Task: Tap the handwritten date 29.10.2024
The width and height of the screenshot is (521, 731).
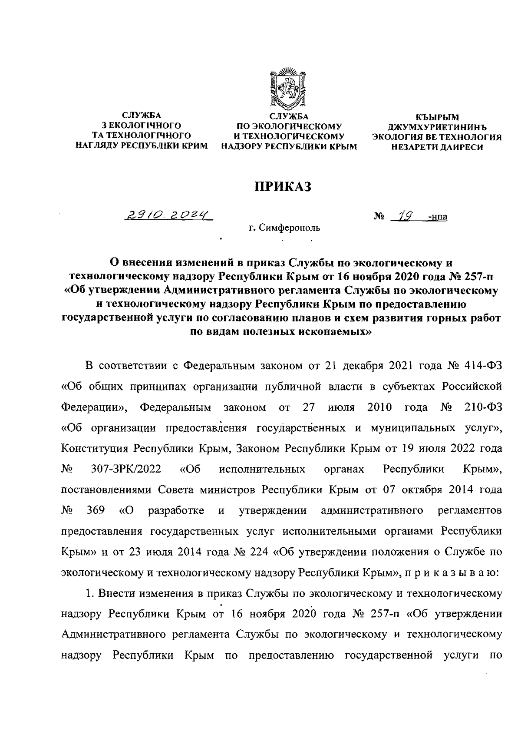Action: (167, 215)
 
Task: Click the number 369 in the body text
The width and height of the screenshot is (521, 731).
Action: (95, 510)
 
